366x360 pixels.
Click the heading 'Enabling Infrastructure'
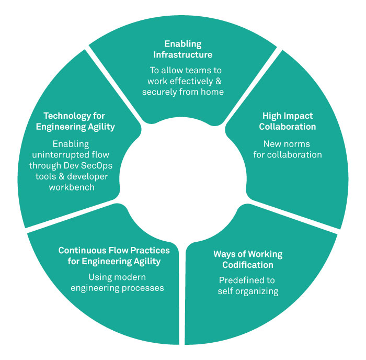coord(182,49)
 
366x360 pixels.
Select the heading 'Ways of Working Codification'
coord(247,259)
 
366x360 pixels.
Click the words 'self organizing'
coord(247,291)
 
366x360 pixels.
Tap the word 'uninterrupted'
coord(74,154)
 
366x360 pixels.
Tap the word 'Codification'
coord(247,265)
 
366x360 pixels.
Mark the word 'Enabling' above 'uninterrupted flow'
coord(71,143)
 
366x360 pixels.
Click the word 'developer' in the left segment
coord(88,176)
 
